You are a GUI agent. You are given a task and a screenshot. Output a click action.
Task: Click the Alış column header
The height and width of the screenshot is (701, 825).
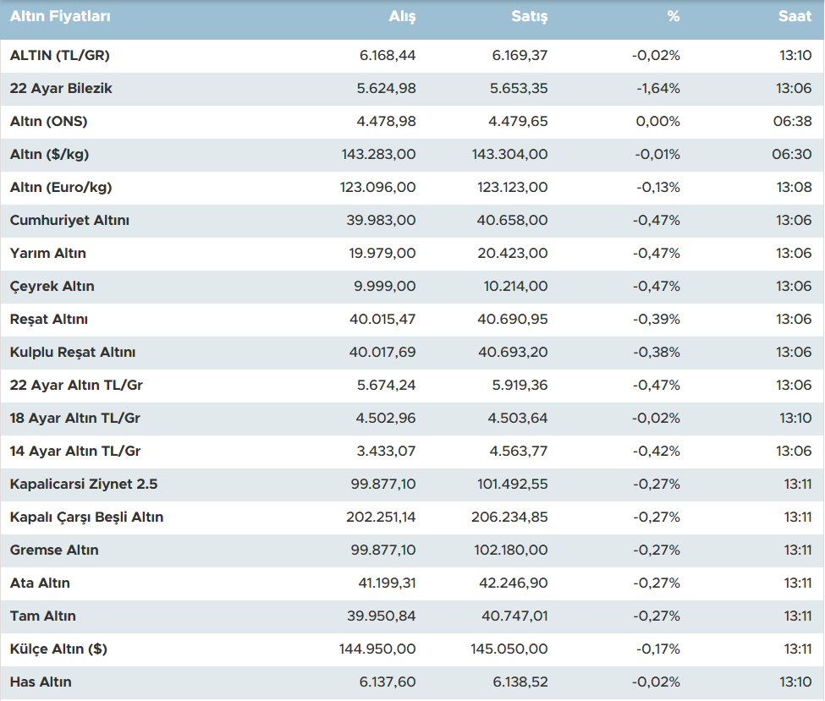click(402, 16)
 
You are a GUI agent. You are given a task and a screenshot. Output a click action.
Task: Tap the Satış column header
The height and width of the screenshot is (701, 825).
click(530, 16)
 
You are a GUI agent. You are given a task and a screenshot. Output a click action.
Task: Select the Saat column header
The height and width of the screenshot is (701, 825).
click(795, 16)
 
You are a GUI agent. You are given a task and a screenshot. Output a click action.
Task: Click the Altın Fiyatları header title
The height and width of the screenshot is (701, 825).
click(60, 16)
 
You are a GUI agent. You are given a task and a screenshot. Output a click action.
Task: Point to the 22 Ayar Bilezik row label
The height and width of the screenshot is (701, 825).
click(61, 88)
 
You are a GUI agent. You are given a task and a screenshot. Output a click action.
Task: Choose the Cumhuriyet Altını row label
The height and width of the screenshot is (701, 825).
click(69, 220)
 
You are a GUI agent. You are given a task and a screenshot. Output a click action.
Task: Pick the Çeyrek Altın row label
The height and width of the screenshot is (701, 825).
click(52, 286)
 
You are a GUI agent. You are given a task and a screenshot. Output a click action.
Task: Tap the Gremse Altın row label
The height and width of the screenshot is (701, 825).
click(54, 550)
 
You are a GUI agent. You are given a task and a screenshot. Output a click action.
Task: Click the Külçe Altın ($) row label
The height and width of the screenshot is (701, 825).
click(58, 649)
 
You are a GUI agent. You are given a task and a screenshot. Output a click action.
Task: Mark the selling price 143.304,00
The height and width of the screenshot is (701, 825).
click(509, 154)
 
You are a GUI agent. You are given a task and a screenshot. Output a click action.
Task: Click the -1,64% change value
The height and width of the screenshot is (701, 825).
click(656, 88)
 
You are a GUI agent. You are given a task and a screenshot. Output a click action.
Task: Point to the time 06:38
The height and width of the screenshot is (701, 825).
click(792, 121)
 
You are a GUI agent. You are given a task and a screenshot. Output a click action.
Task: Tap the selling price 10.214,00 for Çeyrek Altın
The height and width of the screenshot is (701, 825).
click(515, 286)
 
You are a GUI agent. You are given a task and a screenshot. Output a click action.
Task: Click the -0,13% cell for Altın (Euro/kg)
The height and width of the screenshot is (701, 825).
click(656, 187)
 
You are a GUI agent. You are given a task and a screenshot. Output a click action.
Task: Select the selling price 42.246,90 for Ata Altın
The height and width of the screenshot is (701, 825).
click(513, 583)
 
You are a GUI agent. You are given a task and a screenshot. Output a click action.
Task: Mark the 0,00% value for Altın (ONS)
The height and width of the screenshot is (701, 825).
click(657, 121)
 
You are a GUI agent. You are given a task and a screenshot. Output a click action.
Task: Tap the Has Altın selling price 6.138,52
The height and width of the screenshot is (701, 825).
click(519, 682)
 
